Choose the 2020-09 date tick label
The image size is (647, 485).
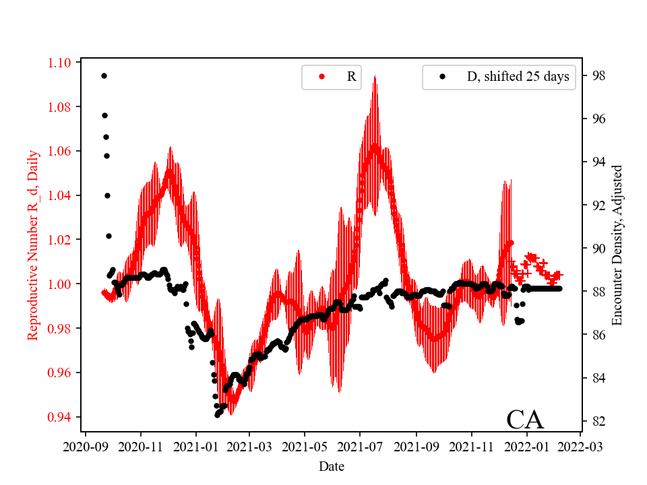[x=86, y=447]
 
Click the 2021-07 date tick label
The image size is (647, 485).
[x=360, y=447]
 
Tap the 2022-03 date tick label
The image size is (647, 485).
[x=580, y=447]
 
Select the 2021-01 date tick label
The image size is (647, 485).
[x=196, y=447]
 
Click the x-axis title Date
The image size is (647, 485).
[x=332, y=466]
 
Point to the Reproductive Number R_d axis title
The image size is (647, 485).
[x=33, y=245]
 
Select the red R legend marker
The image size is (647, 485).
[x=321, y=77]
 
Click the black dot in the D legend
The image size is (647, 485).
[x=442, y=77]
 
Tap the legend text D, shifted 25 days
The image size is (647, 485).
[x=518, y=77]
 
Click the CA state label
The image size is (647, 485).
[x=524, y=419]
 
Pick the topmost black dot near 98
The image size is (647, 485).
[x=104, y=75]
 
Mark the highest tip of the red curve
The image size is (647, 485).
[x=374, y=76]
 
